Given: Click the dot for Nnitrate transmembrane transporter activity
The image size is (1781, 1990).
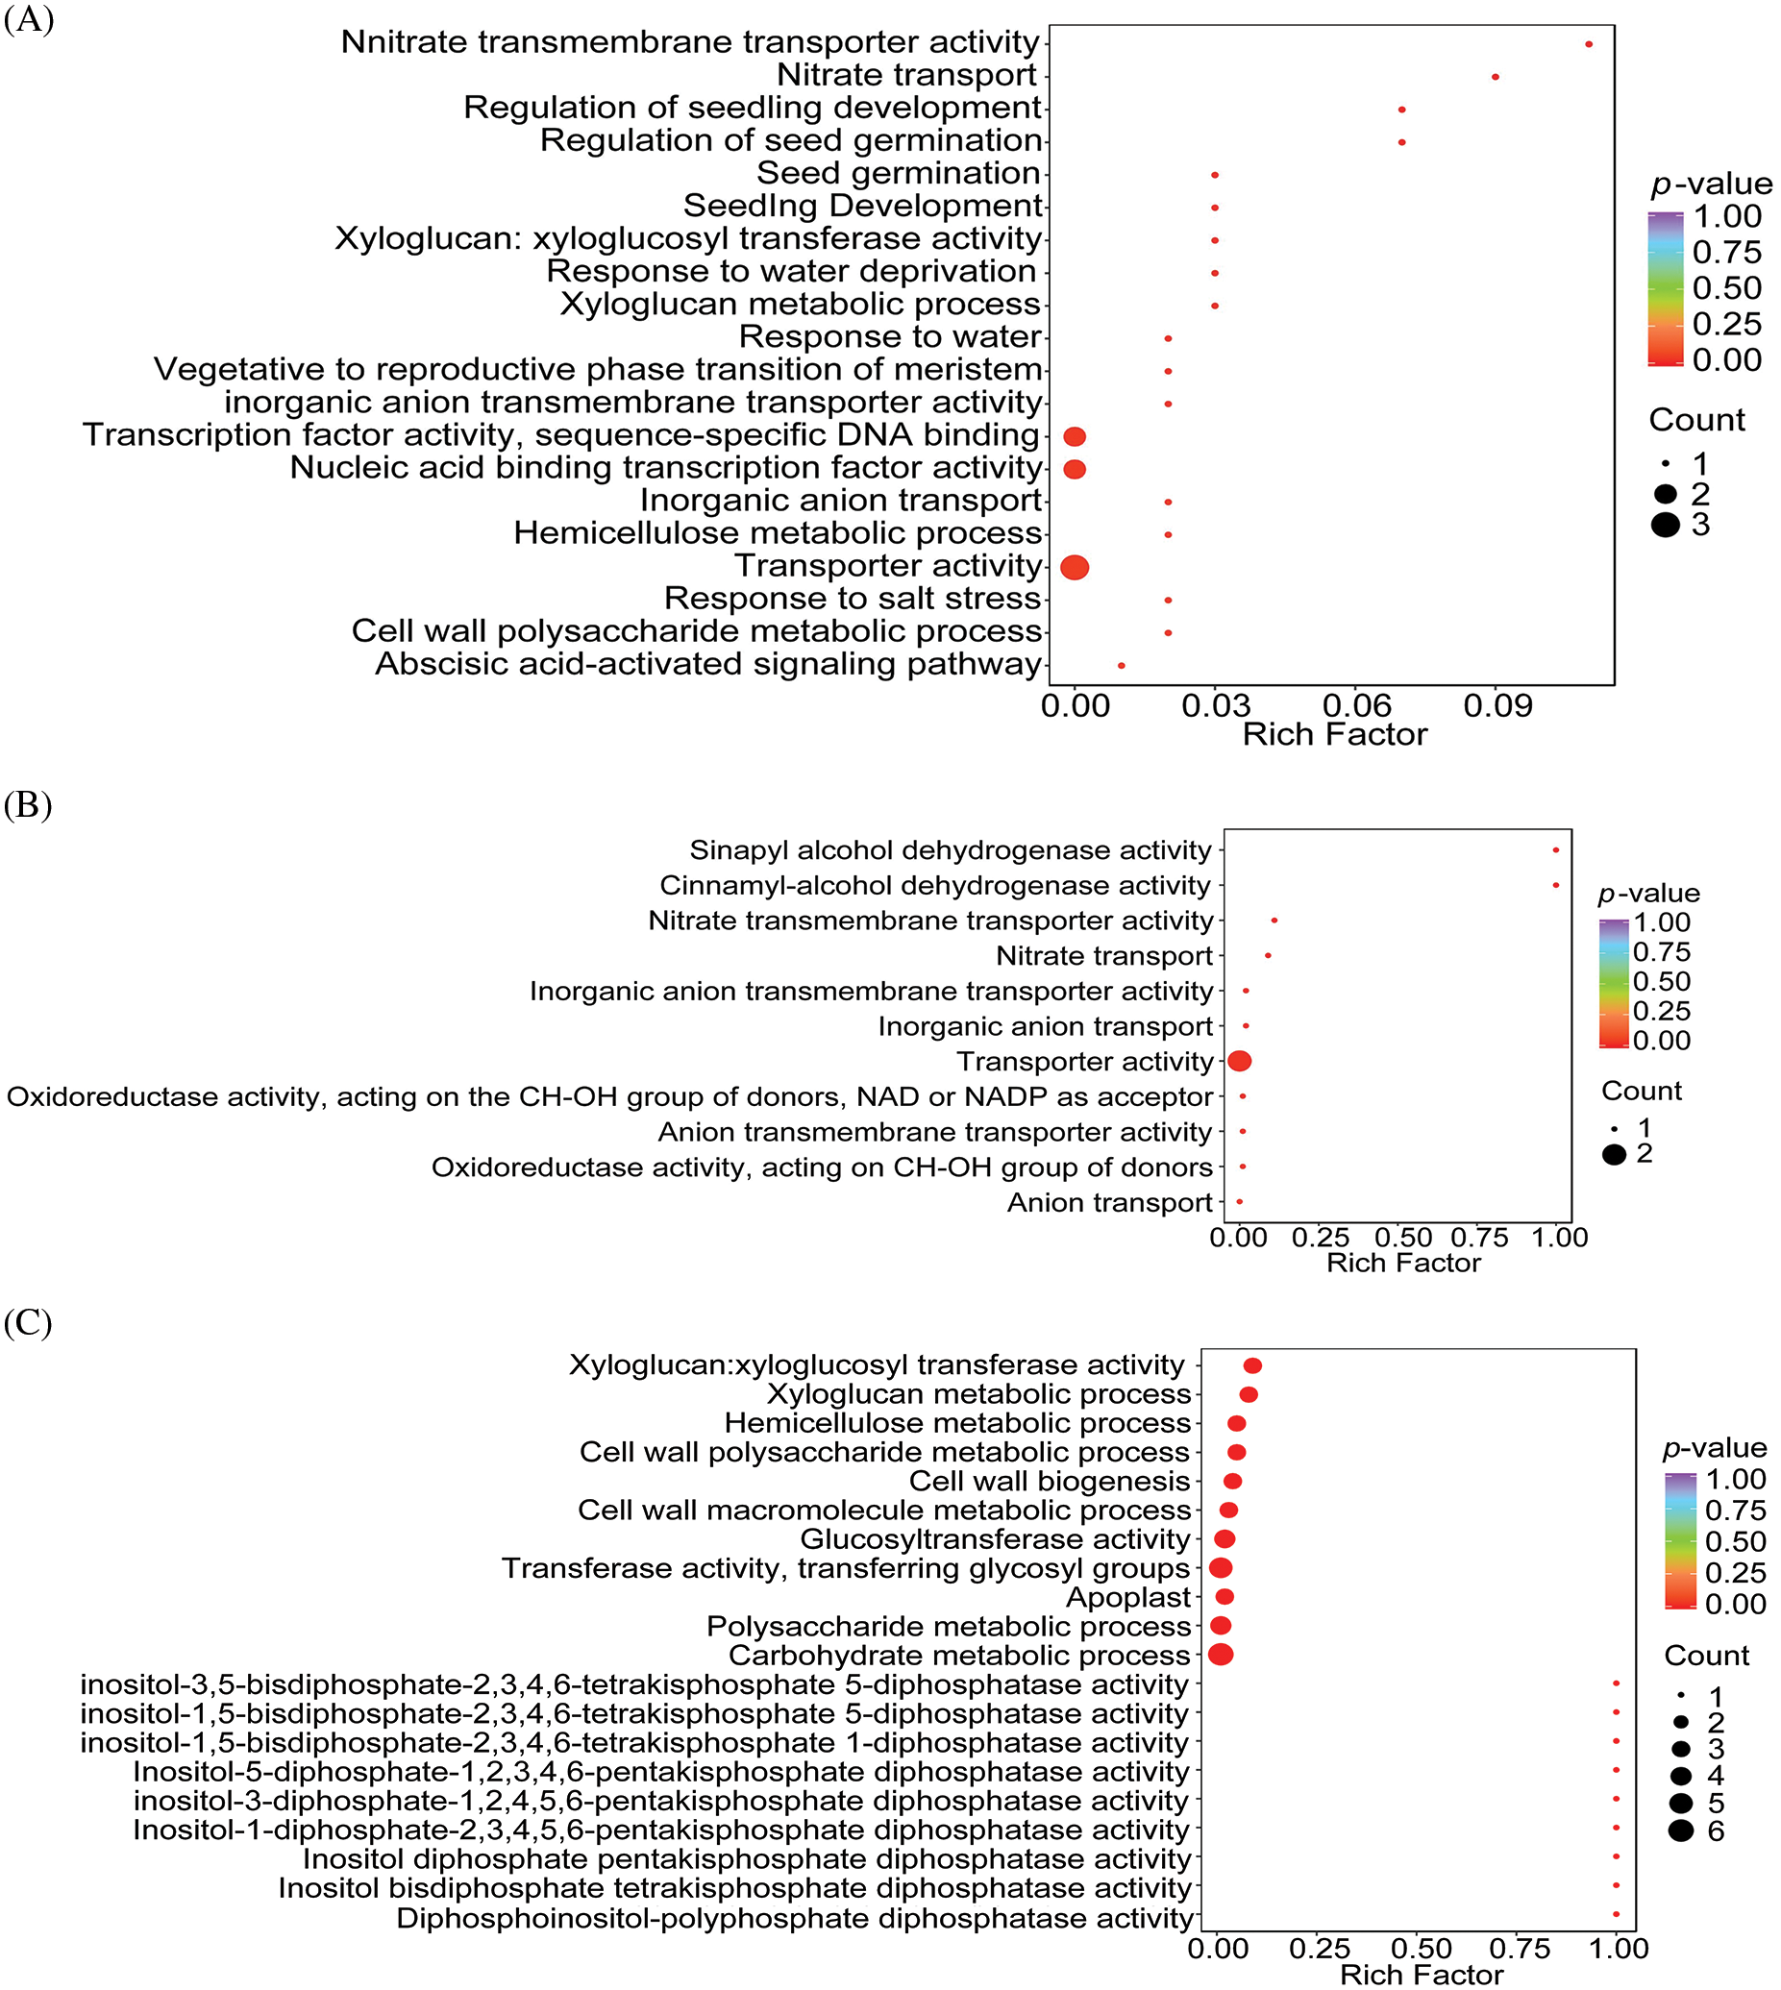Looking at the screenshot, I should click(x=1588, y=44).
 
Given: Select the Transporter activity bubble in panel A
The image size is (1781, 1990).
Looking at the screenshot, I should click(x=1075, y=567).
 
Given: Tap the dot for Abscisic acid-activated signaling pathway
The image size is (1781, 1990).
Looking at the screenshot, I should click(x=1122, y=665).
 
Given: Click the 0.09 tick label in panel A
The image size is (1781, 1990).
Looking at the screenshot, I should click(x=1497, y=705).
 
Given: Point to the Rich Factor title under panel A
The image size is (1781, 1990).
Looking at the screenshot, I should click(x=1334, y=735).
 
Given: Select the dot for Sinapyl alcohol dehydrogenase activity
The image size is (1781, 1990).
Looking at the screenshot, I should click(x=1556, y=850).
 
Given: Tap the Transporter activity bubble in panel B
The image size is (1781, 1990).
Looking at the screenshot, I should click(x=1239, y=1061).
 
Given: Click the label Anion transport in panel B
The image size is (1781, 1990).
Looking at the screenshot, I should click(x=1110, y=1202).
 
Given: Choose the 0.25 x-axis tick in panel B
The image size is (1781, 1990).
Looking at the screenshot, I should click(x=1321, y=1238).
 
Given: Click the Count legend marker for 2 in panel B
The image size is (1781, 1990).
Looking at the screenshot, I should click(x=1615, y=1154).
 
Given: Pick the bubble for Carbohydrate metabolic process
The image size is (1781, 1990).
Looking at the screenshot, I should click(x=1221, y=1655).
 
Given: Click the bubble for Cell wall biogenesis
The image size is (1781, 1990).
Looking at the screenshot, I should click(x=1233, y=1482).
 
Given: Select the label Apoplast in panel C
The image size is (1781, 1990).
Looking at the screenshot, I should click(x=1128, y=1598).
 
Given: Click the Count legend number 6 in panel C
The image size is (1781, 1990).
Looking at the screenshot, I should click(x=1716, y=1831).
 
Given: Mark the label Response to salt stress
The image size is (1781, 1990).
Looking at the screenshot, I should click(x=853, y=599).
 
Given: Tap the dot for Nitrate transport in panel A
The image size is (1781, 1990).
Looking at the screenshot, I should click(x=1496, y=76).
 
